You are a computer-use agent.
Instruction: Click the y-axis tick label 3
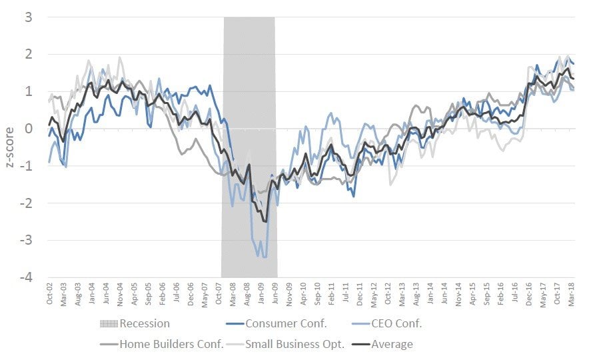(x=29, y=17)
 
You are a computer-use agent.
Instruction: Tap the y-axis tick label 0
(x=29, y=129)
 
